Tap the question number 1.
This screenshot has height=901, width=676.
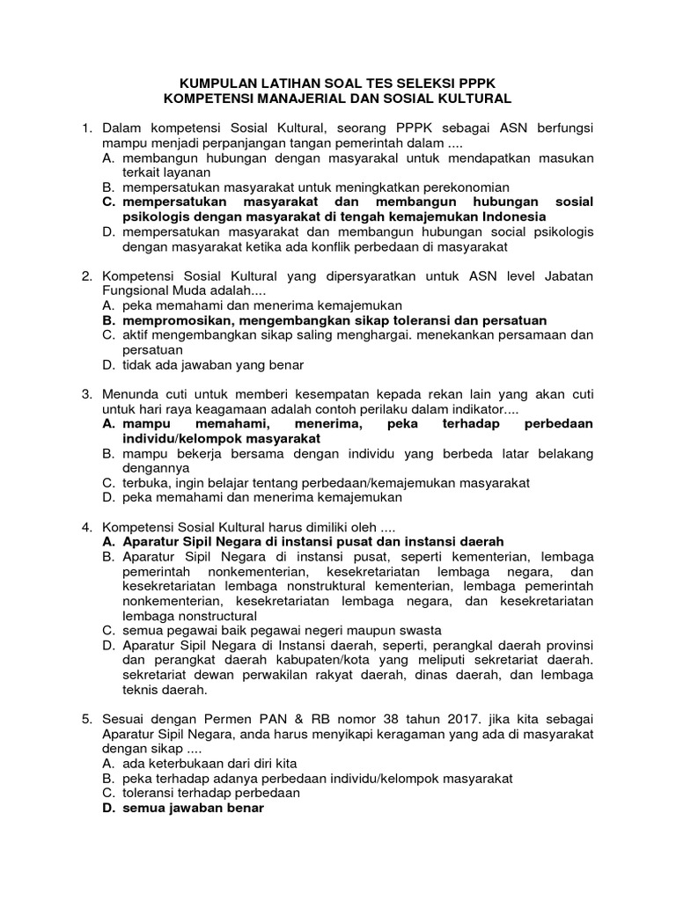coord(86,129)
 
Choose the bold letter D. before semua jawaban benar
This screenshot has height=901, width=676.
coord(110,809)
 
